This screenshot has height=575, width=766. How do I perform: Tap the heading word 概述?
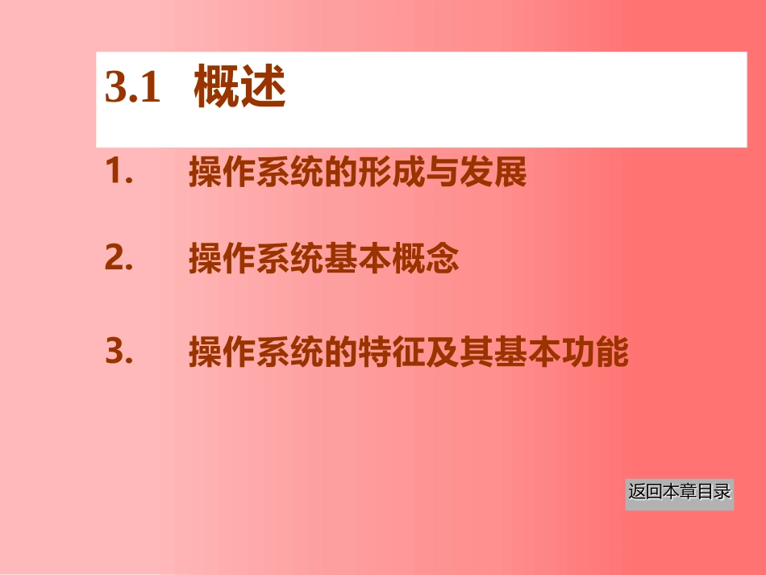[240, 90]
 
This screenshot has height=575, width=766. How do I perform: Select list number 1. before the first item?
[119, 172]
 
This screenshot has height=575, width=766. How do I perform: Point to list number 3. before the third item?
[119, 352]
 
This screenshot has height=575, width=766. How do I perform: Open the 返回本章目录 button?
[680, 492]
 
